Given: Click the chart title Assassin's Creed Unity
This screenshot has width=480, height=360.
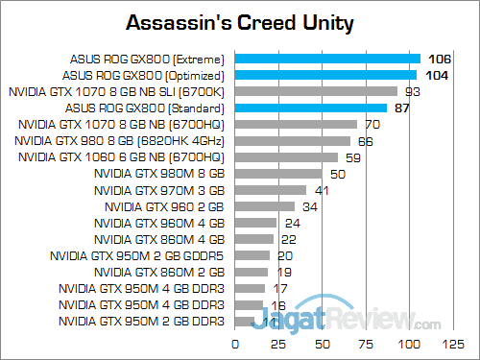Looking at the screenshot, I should [x=239, y=21].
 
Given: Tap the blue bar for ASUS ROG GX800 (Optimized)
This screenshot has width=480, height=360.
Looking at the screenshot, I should [x=325, y=75].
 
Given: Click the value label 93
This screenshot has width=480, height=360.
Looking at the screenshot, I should [x=414, y=91].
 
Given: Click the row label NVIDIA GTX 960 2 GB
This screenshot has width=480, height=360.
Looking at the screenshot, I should [x=164, y=206].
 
